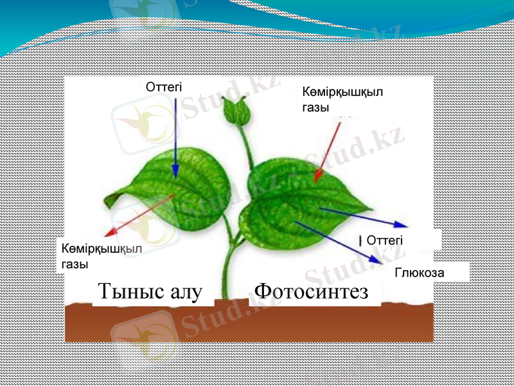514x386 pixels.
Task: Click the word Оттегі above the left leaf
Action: [164, 86]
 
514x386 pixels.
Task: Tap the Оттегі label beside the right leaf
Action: [385, 240]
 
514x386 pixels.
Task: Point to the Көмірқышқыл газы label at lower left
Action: [102, 255]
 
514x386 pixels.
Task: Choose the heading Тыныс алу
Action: [150, 291]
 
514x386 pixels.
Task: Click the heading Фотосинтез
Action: [311, 291]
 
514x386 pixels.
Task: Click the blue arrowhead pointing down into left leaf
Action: [175, 171]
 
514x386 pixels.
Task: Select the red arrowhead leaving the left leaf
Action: [111, 232]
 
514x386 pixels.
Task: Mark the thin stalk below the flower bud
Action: [245, 145]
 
